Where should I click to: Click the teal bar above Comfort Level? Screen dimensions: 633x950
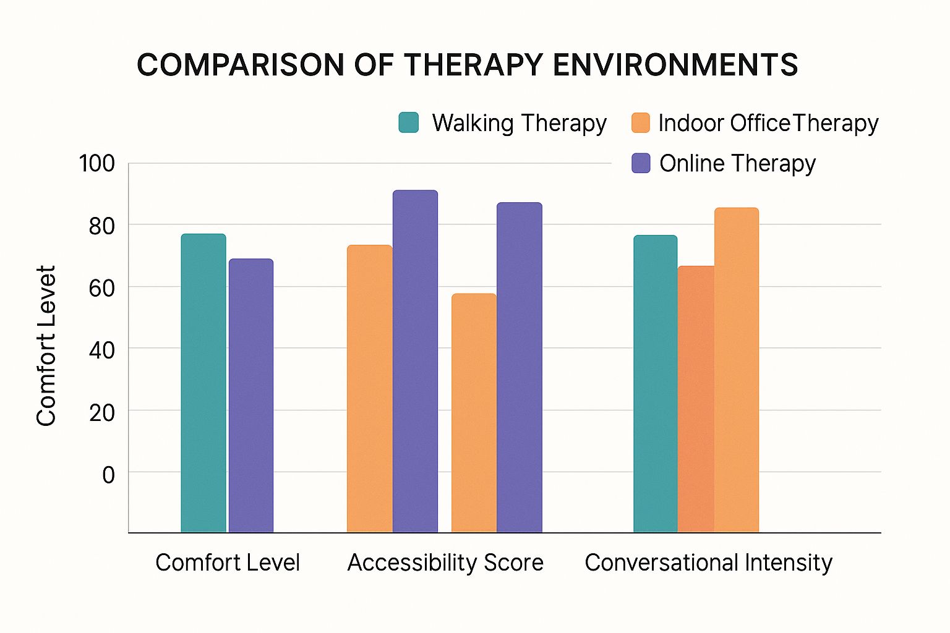pos(203,383)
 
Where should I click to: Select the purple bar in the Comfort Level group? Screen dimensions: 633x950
pos(251,396)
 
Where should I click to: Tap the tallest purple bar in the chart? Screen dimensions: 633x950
pos(415,362)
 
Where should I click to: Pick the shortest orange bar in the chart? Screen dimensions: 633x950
pos(474,413)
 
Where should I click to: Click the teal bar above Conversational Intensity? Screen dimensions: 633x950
pos(655,384)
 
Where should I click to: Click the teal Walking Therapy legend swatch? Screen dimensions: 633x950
pos(409,122)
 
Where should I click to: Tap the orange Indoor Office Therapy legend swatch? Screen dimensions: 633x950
pos(641,122)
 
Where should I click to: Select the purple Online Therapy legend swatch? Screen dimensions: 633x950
pos(641,163)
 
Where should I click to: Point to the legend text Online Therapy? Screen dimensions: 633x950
pos(737,163)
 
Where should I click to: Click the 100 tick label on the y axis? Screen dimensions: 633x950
pos(96,164)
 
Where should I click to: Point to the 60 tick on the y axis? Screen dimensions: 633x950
pos(101,287)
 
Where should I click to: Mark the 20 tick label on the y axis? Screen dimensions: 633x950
pos(101,412)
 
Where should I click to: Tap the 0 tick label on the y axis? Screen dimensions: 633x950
pos(108,475)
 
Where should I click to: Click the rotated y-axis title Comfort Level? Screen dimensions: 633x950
pos(46,346)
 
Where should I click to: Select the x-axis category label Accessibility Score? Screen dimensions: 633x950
pos(445,563)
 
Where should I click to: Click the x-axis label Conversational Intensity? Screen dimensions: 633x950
pos(708,563)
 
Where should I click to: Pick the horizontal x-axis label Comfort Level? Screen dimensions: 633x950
pos(228,563)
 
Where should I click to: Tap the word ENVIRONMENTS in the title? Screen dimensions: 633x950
pos(675,65)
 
